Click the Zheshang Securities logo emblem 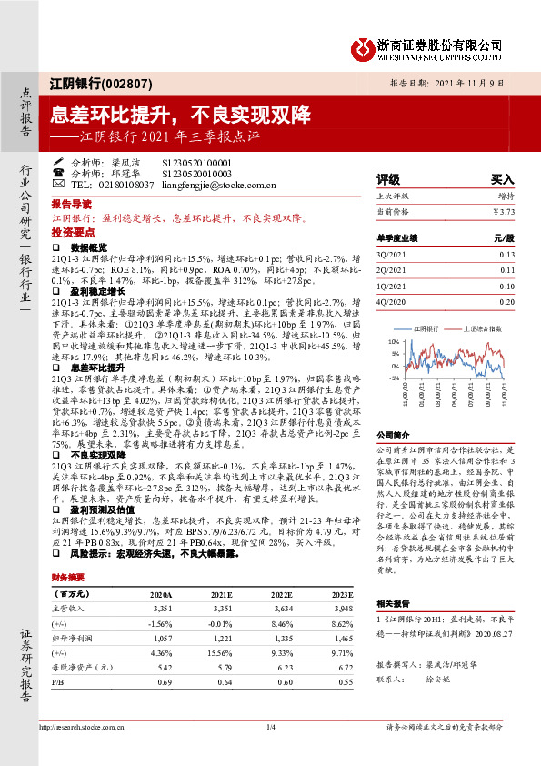(362, 45)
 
